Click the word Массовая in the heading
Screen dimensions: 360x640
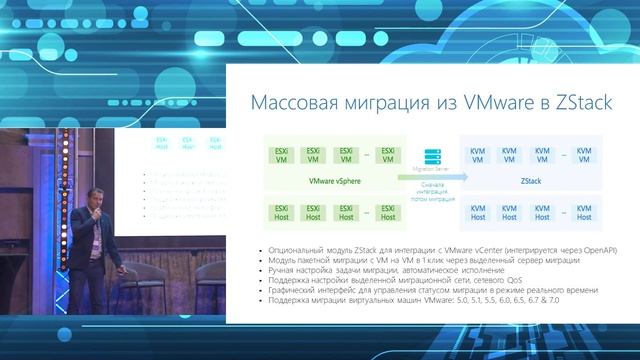(290, 104)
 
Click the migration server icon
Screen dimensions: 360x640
(433, 158)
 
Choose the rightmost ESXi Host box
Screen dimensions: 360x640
(384, 212)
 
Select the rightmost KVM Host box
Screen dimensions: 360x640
(584, 212)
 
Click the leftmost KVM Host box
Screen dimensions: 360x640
(478, 212)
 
